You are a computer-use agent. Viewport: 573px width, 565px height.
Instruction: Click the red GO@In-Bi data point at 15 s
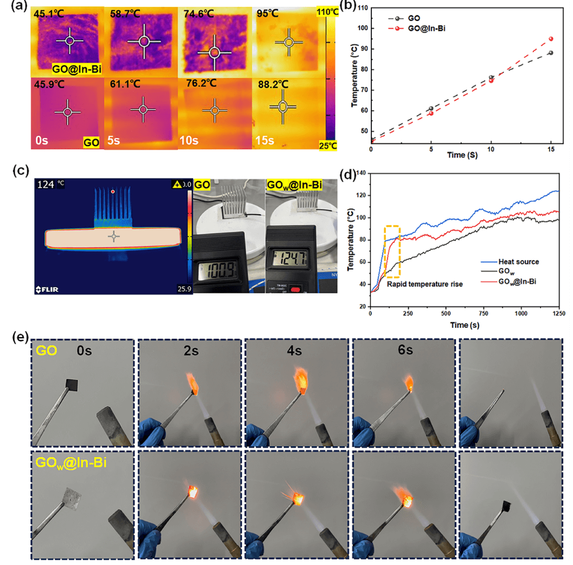coord(551,39)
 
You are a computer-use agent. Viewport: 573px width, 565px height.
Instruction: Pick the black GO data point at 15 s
coord(551,53)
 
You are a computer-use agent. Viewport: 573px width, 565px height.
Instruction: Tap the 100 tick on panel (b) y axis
coord(360,28)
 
